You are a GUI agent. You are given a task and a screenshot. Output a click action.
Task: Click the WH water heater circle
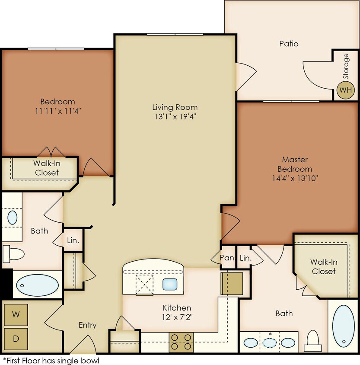tap(345, 90)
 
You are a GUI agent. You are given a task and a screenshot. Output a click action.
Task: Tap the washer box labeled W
tap(16, 314)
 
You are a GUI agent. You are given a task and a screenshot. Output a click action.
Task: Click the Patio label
tap(289, 44)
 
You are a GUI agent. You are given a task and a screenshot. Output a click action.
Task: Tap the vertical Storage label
tap(346, 66)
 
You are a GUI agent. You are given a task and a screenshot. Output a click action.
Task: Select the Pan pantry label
tap(226, 258)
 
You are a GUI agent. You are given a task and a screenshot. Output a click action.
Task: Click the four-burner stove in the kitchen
tap(182, 341)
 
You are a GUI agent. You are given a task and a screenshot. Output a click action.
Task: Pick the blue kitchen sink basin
tap(170, 284)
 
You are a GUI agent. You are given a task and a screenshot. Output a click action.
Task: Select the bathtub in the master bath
tap(344, 326)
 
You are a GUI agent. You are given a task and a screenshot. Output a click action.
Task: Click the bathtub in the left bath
tap(37, 285)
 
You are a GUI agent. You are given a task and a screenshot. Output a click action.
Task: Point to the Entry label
tap(87, 325)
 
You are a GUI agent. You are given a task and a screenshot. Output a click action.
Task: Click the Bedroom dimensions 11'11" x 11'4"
tap(57, 111)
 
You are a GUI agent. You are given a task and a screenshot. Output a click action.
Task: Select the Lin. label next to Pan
tap(245, 258)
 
